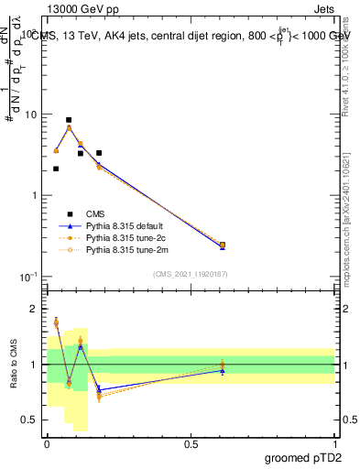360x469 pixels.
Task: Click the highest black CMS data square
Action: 69,120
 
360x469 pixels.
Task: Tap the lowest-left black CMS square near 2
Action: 56,169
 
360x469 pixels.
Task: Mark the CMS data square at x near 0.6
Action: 223,245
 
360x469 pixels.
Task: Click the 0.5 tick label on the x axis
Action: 191,443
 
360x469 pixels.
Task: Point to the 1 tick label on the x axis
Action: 334,443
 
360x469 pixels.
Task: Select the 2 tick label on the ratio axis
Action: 34,309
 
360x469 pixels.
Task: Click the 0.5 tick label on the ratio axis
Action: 29,420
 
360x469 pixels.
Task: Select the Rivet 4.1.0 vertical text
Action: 352,87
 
